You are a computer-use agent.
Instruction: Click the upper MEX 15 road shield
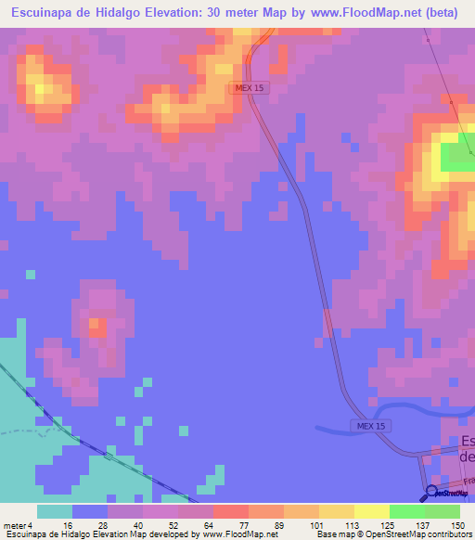250,87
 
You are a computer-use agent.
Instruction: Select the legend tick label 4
30,525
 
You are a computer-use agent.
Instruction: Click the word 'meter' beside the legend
14,525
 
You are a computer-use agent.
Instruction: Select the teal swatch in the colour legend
55,511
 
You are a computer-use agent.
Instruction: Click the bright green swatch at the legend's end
443,511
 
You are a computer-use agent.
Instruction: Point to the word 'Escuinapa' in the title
42,13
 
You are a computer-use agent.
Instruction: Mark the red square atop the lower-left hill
96,326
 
